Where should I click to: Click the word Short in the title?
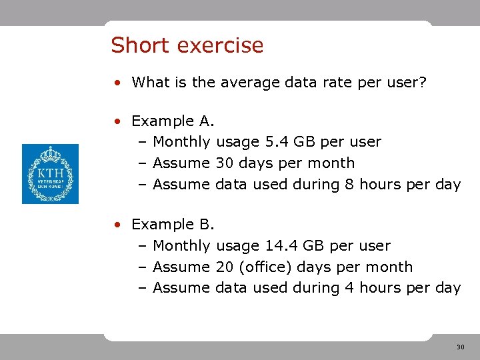coord(137,45)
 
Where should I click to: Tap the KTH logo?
coord(50,174)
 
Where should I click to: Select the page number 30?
coord(460,347)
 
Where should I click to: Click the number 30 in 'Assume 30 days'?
coord(225,163)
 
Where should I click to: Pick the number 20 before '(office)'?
coord(225,267)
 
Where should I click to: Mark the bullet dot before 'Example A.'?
coord(117,121)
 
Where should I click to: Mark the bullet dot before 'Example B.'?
coord(117,225)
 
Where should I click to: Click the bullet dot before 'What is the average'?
coord(117,83)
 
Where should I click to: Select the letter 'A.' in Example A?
coord(207,121)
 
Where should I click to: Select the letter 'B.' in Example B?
coord(207,225)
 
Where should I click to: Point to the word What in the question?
coord(149,83)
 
